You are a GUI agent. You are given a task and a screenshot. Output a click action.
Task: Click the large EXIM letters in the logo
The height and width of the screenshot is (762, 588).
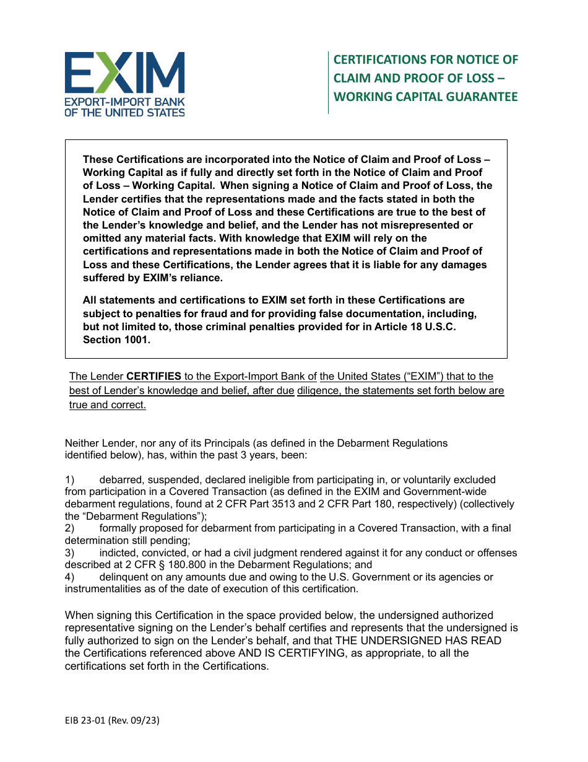click(x=124, y=72)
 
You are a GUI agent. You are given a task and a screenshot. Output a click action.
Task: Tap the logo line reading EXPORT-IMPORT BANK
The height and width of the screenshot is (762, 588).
click(x=124, y=102)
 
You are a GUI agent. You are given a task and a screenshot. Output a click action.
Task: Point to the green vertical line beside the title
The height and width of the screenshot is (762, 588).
click(x=328, y=82)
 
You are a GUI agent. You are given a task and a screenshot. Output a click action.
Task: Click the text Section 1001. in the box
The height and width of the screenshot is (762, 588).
click(x=116, y=339)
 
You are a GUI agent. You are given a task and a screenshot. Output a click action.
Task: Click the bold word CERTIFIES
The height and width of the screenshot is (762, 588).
click(x=153, y=377)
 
